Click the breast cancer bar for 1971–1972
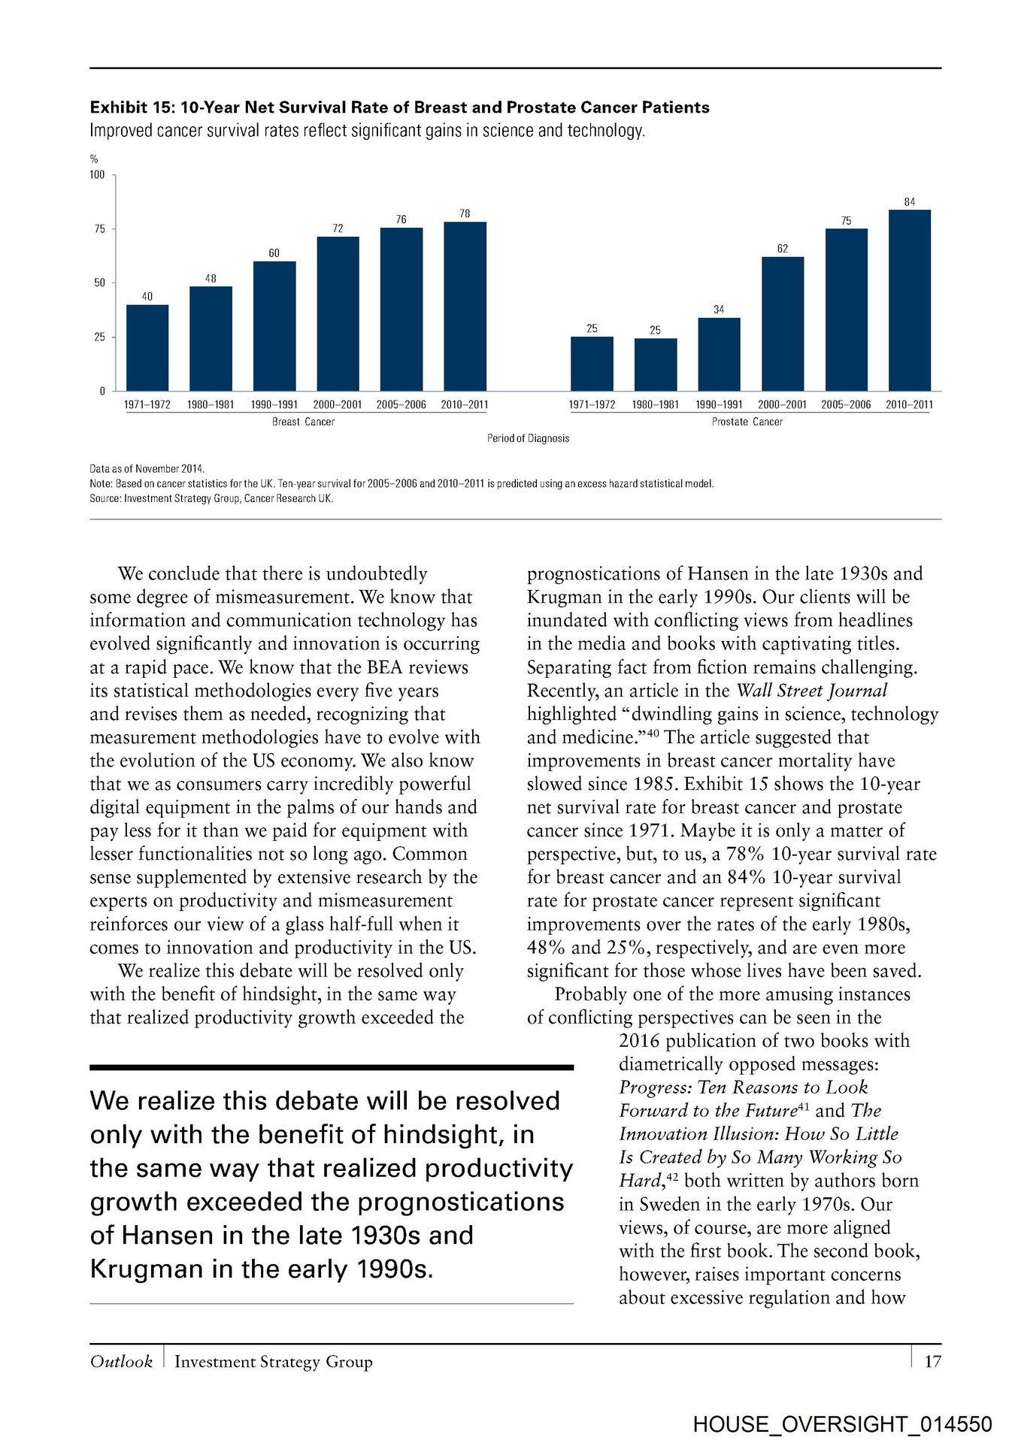(147, 347)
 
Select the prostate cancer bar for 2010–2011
(910, 300)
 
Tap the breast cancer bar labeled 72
(338, 313)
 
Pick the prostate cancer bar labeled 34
(719, 354)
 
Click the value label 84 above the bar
(910, 202)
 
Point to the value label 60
(274, 253)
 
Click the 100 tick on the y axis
(98, 175)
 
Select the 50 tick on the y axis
(100, 283)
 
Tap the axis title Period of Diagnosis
(528, 438)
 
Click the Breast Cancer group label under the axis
(303, 422)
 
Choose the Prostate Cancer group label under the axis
(747, 422)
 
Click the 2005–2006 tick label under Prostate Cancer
(846, 404)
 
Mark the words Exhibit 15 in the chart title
(132, 107)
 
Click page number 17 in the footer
(932, 1361)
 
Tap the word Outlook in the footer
(121, 1361)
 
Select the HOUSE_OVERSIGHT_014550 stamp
(842, 1423)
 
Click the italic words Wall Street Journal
(812, 691)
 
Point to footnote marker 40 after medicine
(653, 733)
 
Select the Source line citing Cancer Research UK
(211, 498)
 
